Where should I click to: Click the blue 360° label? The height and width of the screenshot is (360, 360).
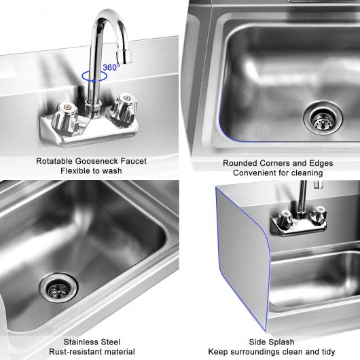point(111,67)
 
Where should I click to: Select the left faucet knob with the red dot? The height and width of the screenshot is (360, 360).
point(64,116)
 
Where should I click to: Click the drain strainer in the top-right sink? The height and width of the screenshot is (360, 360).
point(323,118)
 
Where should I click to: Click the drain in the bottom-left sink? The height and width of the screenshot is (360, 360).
point(58,287)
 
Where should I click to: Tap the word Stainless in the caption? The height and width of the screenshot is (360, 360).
point(79,342)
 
